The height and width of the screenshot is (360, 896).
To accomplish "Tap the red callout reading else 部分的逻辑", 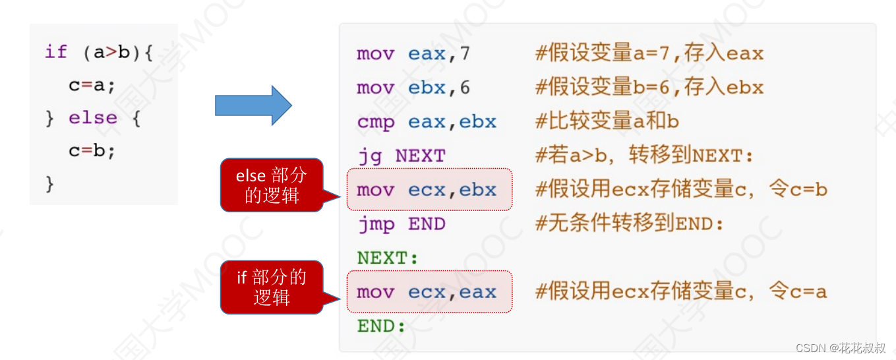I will (x=272, y=185).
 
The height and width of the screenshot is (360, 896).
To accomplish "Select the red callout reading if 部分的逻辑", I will (x=272, y=287).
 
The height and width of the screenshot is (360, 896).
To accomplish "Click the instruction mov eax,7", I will (x=413, y=53).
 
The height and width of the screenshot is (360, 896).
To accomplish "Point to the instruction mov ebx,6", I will (x=413, y=88).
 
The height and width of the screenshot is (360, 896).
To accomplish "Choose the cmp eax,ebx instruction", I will (x=427, y=122).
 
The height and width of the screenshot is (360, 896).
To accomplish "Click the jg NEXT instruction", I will (x=401, y=156).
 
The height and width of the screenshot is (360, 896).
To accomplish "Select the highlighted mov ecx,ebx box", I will (x=429, y=190).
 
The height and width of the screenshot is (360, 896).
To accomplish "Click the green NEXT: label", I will (x=388, y=258).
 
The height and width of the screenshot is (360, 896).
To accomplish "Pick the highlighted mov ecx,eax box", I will (x=429, y=292).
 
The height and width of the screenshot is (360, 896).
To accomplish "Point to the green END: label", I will (x=381, y=326).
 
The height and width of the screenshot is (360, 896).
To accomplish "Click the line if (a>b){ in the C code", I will (x=99, y=52).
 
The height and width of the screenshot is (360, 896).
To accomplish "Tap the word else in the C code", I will (x=93, y=118).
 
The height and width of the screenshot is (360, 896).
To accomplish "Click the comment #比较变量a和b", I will (x=607, y=122).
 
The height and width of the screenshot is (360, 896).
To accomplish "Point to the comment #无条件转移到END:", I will (x=630, y=224).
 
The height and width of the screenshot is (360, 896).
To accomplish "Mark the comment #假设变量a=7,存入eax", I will (x=649, y=53).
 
